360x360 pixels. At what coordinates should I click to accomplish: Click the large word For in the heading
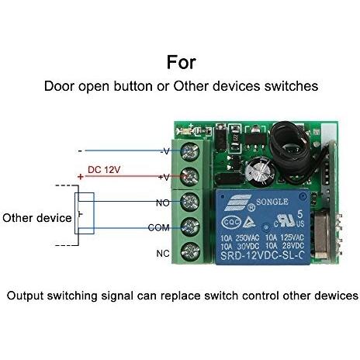pos(182,62)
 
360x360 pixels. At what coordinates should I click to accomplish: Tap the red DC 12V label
pos(104,170)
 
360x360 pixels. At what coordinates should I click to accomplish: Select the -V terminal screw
pos(190,151)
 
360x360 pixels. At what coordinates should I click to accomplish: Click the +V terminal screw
pos(190,177)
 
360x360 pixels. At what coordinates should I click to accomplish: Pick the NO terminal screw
pos(190,202)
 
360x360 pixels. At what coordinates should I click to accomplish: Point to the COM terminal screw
pos(190,227)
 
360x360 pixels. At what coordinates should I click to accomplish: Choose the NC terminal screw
pos(190,252)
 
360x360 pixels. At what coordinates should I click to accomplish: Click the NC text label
pos(163,254)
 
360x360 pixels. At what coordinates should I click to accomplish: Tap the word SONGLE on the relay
pos(272,202)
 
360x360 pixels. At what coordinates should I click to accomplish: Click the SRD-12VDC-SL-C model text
pos(261,256)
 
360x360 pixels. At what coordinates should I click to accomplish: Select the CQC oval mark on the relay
pos(231,222)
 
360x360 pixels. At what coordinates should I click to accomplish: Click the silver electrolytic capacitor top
pos(260,171)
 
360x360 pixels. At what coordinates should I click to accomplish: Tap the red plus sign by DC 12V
pos(81,177)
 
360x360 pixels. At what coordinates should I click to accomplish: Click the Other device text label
pos(37,218)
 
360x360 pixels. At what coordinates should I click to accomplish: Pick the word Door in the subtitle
pos(59,86)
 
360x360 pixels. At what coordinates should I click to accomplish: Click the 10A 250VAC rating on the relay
pos(240,238)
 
